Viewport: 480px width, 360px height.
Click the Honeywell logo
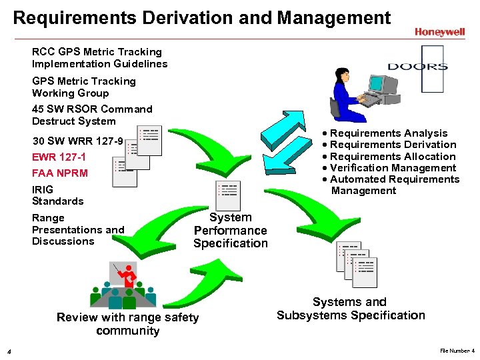pyautogui.click(x=439, y=31)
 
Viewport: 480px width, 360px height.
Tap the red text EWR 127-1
pyautogui.click(x=59, y=157)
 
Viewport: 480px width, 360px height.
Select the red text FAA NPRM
pyautogui.click(x=60, y=173)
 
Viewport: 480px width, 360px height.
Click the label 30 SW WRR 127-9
pyautogui.click(x=77, y=141)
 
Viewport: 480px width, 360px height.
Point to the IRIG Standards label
pyautogui.click(x=58, y=195)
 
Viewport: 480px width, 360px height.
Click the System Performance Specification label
pyautogui.click(x=231, y=230)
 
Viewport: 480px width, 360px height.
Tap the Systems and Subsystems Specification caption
pyautogui.click(x=351, y=309)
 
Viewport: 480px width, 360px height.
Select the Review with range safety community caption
pyautogui.click(x=128, y=324)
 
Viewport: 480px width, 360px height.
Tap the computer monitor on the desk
pyautogui.click(x=377, y=85)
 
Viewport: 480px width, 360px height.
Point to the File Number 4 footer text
pyautogui.click(x=457, y=351)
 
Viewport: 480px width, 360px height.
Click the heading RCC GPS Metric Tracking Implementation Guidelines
pyautogui.click(x=100, y=58)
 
